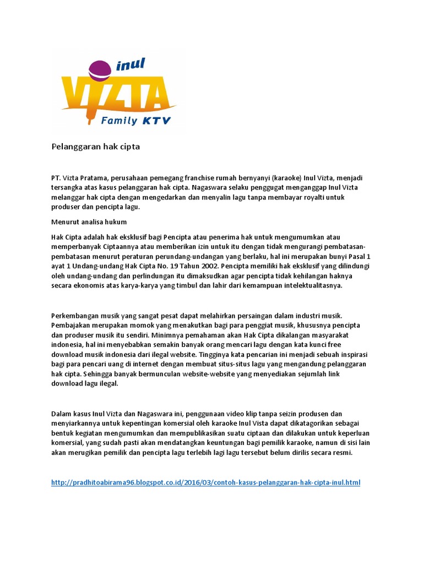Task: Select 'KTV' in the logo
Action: [x=158, y=120]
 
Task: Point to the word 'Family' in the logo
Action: [x=119, y=120]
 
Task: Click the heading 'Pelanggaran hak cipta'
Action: [x=96, y=147]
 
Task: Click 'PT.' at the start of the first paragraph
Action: [x=56, y=178]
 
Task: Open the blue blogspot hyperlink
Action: [x=205, y=483]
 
